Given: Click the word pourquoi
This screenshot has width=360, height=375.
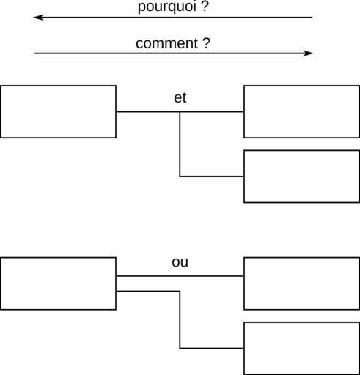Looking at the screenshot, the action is (167, 7).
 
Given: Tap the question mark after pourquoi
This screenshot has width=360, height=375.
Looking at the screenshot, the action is (205, 6).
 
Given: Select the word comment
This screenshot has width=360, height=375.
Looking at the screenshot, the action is (167, 43).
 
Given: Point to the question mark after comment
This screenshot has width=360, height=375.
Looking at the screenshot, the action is (207, 43).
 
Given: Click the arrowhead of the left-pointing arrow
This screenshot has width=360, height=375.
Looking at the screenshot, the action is (38, 18).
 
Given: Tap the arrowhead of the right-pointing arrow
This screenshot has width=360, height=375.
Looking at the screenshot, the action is (308, 53).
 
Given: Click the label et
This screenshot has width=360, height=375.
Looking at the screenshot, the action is (180, 98).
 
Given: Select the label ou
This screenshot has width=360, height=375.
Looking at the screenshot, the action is (180, 262).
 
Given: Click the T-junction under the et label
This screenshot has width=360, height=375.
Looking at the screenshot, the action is (180, 112).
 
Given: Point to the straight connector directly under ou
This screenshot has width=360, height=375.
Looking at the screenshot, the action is (180, 276).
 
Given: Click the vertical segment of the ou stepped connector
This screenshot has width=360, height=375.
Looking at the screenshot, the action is (180, 319).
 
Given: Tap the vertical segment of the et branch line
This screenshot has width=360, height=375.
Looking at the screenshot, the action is (180, 144).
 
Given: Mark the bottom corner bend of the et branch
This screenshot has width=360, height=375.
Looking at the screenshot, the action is (180, 177).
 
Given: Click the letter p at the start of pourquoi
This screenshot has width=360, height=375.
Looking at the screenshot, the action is (142, 8).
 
